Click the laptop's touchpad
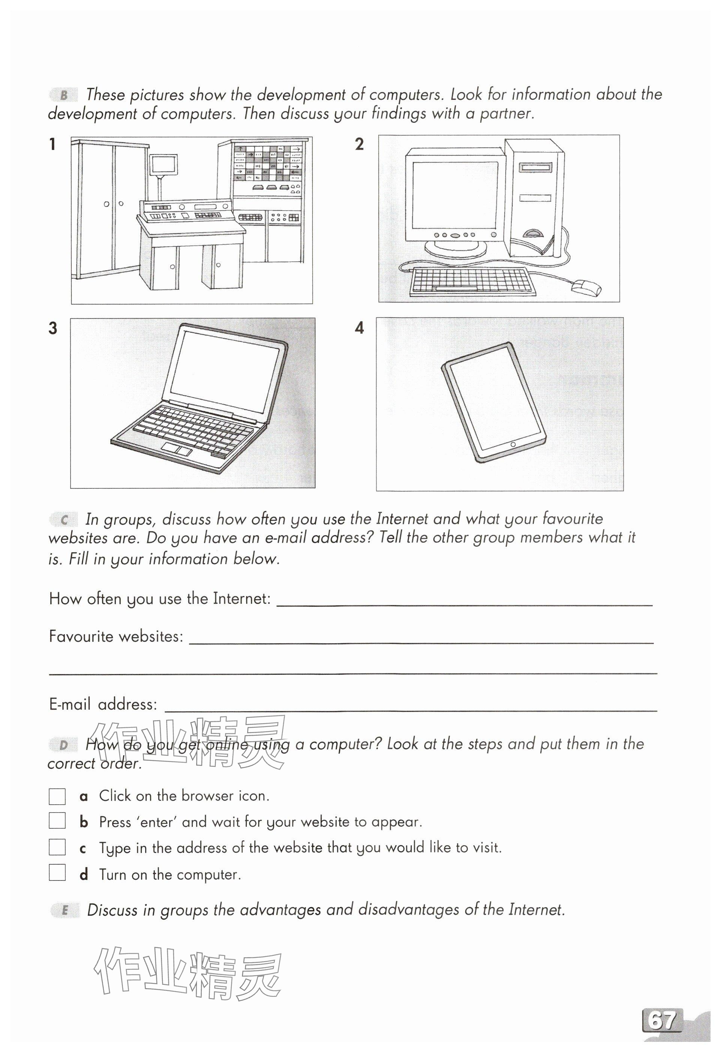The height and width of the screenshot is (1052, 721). coord(177,449)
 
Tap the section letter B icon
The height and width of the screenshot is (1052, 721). coord(64,95)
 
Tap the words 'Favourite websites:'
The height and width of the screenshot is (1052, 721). coord(116,637)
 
